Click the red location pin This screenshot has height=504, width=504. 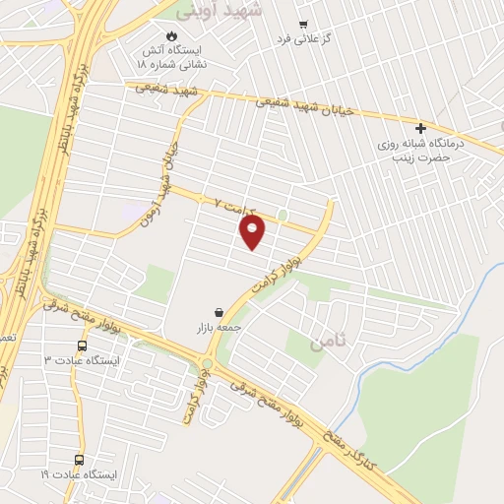coord(253,232)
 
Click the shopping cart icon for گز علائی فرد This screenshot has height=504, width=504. coord(303,26)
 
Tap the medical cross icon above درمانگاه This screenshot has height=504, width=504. coord(421,129)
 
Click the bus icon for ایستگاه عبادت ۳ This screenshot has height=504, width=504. coord(82,346)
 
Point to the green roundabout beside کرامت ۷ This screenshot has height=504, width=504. coord(283,214)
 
